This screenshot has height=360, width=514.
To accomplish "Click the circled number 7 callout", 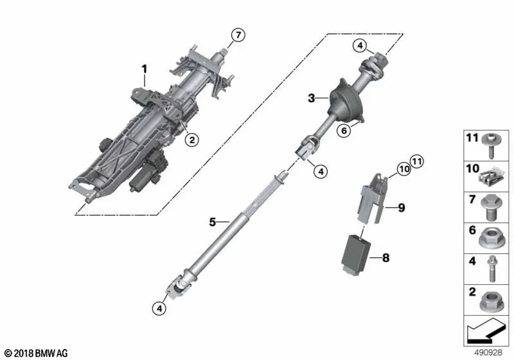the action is click(238, 35).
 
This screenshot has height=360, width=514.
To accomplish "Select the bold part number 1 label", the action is click(144, 69).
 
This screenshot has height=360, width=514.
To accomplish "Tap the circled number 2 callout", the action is click(191, 140).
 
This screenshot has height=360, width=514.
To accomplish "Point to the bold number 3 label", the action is click(312, 98).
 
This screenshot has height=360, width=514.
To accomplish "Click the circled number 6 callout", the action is click(344, 130).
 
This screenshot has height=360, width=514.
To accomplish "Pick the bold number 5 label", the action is click(213, 222).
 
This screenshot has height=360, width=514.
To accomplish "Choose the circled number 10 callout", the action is click(404, 169).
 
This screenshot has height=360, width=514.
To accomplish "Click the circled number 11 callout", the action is click(416, 161).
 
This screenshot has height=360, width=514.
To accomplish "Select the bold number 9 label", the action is click(401, 208).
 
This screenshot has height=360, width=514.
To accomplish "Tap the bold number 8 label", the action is click(386, 258).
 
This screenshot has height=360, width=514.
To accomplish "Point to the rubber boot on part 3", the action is click(346, 101).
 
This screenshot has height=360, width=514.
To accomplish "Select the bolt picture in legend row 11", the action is click(491, 146).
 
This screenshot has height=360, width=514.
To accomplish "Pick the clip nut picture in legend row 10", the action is click(490, 177).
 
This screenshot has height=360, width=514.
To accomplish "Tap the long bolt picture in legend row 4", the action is click(492, 269).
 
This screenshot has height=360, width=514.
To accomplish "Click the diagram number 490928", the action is click(488, 352).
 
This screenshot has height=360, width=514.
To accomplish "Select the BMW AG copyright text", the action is click(36, 353).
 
